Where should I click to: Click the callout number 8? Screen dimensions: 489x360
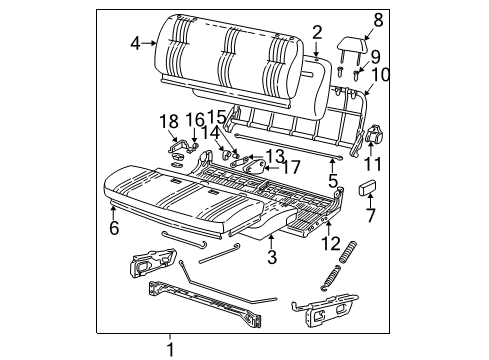[x=378, y=20]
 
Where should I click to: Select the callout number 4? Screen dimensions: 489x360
[x=135, y=43]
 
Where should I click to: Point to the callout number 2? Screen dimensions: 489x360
[x=317, y=33]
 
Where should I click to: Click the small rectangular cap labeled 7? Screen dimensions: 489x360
[x=367, y=187]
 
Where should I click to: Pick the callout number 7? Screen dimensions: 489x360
[x=371, y=215]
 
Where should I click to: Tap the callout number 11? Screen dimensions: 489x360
[x=373, y=164]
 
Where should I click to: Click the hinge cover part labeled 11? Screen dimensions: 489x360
[x=374, y=134]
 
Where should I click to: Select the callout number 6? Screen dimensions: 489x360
[x=114, y=228]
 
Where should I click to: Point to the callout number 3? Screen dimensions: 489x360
[x=272, y=257]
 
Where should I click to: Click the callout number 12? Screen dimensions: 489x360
[x=331, y=243]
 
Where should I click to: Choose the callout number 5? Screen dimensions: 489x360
[x=333, y=181]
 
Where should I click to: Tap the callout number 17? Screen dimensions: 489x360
[x=291, y=167]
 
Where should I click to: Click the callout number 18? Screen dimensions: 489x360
[x=169, y=122]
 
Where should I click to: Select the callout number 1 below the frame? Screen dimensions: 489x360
[x=170, y=350]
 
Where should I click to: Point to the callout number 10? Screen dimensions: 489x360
[x=380, y=75]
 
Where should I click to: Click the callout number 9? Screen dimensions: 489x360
[x=375, y=57]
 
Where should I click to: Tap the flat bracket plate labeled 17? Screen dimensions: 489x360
[x=255, y=167]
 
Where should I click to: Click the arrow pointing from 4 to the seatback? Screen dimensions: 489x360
[x=149, y=43]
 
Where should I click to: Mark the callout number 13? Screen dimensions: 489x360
[x=275, y=155]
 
